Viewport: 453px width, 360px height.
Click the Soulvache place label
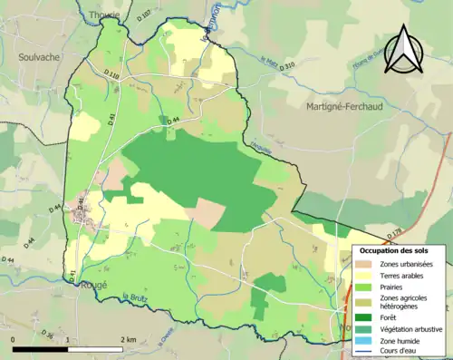click(x=37, y=56)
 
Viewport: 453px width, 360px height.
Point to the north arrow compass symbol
click(x=402, y=50)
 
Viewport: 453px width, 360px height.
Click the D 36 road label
click(x=47, y=336)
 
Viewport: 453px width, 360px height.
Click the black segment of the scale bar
click(x=40, y=348)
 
